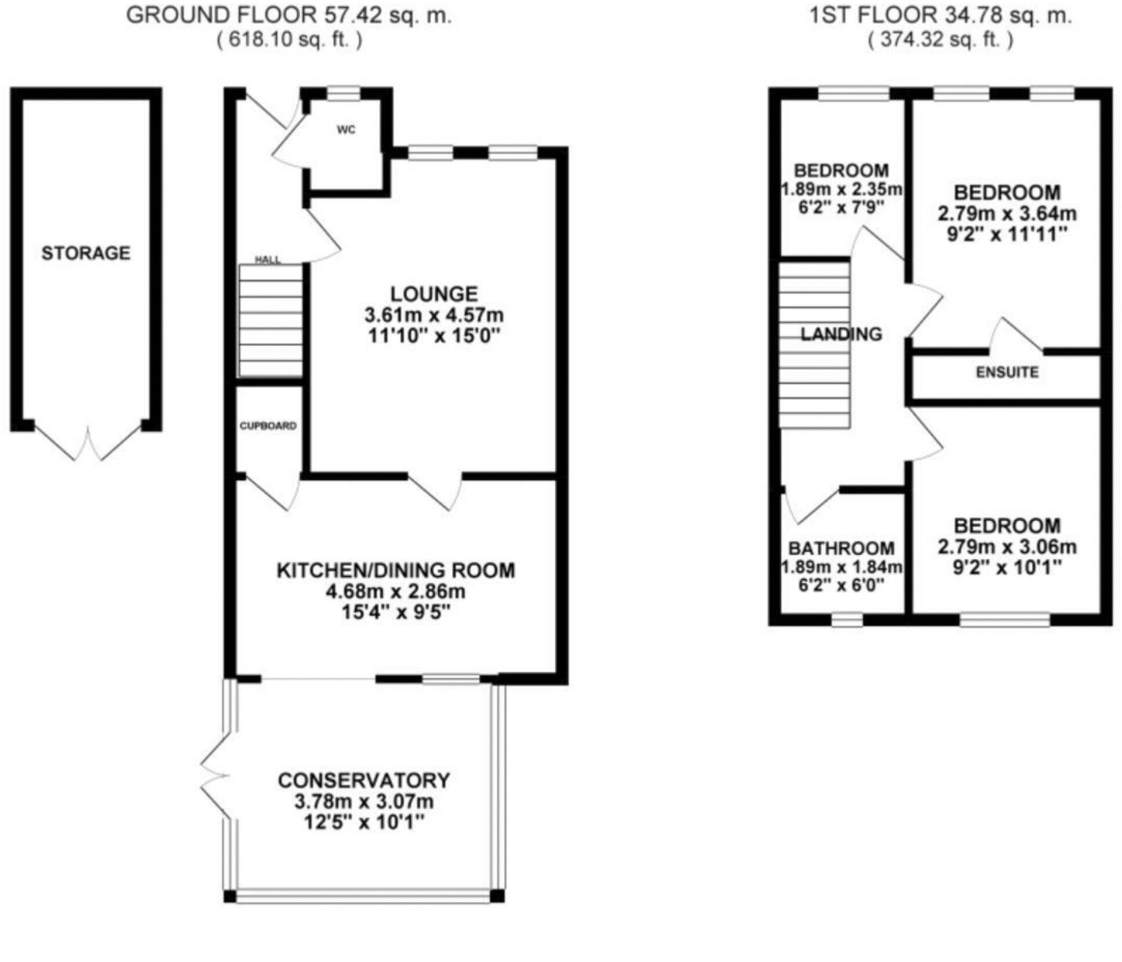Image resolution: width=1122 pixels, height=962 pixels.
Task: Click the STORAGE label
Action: tap(86, 253)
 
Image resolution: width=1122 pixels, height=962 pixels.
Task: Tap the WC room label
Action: tap(346, 130)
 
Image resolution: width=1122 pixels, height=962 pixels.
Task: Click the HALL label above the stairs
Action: tap(268, 260)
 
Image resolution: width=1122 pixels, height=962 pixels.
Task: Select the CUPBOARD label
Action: tap(268, 426)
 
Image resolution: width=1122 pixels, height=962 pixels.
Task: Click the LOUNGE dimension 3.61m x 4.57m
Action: tap(434, 316)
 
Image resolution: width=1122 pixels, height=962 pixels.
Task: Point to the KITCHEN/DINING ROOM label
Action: tap(396, 570)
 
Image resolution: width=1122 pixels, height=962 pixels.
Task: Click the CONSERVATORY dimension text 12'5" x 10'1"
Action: tap(364, 822)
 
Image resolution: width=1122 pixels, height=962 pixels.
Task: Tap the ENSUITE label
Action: tap(1007, 372)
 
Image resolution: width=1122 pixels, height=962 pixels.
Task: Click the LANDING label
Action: tap(841, 334)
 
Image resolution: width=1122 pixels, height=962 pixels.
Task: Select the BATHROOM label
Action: tap(842, 548)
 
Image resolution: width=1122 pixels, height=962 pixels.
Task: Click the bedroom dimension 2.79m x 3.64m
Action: tap(1007, 214)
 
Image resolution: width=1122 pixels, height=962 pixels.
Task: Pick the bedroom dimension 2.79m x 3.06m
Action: tap(1007, 547)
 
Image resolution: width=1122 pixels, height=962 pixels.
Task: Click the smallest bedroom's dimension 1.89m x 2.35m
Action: tap(842, 189)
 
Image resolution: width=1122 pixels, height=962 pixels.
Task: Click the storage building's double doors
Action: tap(89, 443)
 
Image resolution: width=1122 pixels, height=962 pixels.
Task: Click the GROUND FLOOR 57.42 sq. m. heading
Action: tap(289, 16)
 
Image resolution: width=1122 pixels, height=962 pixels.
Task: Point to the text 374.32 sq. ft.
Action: tap(940, 40)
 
